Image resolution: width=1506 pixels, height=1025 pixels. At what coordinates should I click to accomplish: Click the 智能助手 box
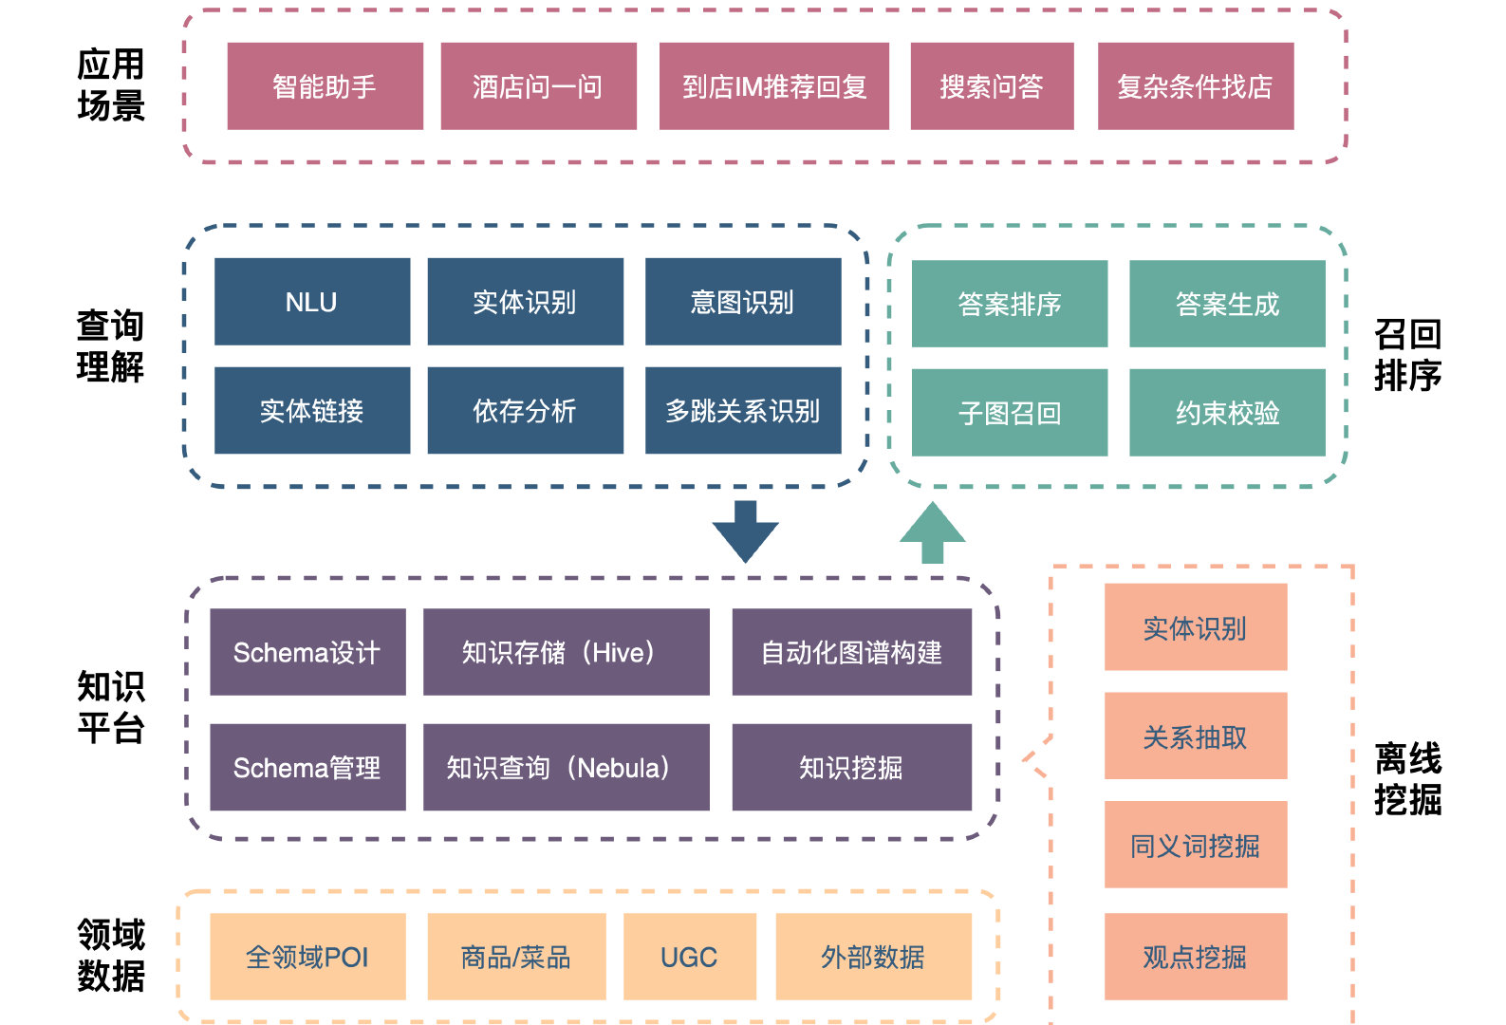325,86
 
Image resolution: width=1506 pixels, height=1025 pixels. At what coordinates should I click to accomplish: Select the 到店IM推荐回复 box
773,86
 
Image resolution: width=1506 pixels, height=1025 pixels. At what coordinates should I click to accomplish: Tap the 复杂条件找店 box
1195,86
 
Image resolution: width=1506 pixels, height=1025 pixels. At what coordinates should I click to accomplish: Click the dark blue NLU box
311,302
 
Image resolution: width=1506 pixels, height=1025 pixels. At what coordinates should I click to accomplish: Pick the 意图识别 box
742,302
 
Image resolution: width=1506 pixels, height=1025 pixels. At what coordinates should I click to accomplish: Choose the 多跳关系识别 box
742,411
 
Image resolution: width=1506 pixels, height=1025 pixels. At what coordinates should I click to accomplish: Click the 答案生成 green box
1226,304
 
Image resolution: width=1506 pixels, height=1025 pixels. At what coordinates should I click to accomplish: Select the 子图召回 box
1009,413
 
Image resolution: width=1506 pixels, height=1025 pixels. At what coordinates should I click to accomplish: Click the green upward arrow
932,532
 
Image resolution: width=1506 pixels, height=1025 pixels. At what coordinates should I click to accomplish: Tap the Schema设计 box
307,652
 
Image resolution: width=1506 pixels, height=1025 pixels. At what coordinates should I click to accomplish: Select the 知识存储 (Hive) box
566,652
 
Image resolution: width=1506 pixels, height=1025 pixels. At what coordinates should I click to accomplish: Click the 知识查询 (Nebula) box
566,767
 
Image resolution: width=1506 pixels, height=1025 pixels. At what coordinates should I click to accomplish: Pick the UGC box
689,957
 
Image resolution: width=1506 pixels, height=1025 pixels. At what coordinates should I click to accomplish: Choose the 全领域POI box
307,957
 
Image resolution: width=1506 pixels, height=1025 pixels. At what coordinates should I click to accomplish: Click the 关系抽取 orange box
1195,736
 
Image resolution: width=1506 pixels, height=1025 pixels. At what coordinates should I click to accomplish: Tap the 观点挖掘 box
1195,957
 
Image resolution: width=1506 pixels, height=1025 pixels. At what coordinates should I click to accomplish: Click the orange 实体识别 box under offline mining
1195,627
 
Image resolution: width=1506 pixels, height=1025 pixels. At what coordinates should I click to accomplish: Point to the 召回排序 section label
1407,355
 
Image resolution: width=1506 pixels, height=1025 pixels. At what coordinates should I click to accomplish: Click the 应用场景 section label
111,85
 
